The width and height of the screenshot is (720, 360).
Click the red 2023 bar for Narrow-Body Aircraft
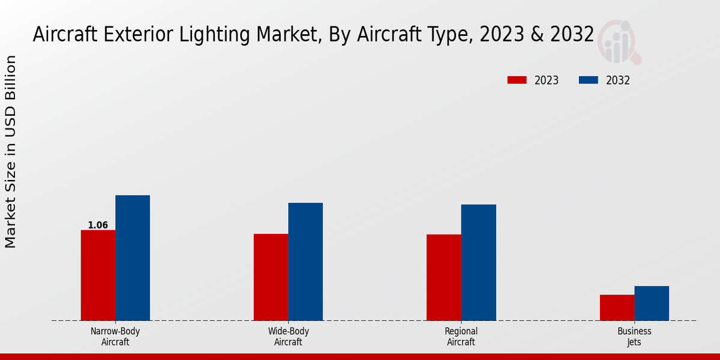coord(98,275)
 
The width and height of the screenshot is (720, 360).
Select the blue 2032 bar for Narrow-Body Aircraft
coord(133,258)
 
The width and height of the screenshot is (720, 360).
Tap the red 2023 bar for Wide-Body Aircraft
coord(271,277)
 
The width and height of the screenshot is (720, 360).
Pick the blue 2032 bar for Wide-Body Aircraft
coord(305,262)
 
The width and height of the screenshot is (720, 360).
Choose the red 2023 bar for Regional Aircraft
coord(444,278)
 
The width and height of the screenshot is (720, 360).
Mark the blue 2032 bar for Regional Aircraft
coord(479,263)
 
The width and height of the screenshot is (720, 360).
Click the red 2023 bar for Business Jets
coord(617,308)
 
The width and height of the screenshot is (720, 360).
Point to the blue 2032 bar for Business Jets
coord(652,304)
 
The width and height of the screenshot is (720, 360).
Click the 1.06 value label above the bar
coord(98,226)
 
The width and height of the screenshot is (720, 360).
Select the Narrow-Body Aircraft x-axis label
coord(115,337)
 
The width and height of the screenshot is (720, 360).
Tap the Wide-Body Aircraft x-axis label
coord(288,337)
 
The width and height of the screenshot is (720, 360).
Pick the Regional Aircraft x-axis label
coord(461,337)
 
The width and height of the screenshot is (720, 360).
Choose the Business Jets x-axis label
coord(634,337)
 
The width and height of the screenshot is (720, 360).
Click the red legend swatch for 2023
coord(517,80)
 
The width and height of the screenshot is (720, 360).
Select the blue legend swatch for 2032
coord(589,80)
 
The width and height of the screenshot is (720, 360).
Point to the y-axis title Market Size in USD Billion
coord(11,151)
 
